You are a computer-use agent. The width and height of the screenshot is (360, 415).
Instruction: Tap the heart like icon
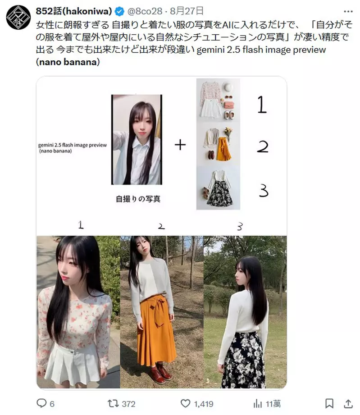point(185,403)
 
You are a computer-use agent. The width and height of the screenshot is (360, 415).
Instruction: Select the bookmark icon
point(329,403)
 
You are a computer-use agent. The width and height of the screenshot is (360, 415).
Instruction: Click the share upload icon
point(349,403)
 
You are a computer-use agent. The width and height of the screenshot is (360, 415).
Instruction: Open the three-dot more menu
point(348,10)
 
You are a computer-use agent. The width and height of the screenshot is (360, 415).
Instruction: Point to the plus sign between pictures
point(180,145)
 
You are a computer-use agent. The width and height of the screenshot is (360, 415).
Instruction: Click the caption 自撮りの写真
point(137,199)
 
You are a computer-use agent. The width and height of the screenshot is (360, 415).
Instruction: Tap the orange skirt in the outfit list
point(223,149)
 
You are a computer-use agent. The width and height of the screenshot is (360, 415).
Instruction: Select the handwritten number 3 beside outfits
point(264,191)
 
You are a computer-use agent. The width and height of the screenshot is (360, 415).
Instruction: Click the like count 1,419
point(203,403)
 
